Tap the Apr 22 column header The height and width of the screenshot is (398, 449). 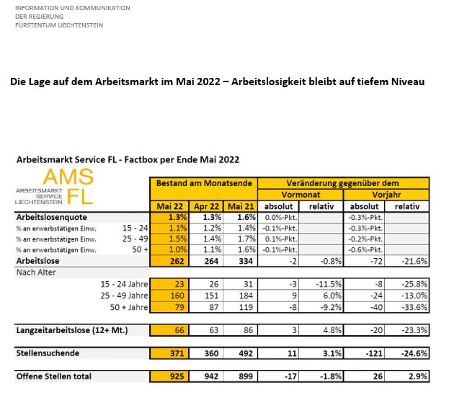pos(207,206)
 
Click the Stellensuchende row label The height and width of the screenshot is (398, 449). pos(48,353)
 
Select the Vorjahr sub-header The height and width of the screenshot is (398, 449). pos(386,195)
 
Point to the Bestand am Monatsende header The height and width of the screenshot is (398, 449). pos(205,183)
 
